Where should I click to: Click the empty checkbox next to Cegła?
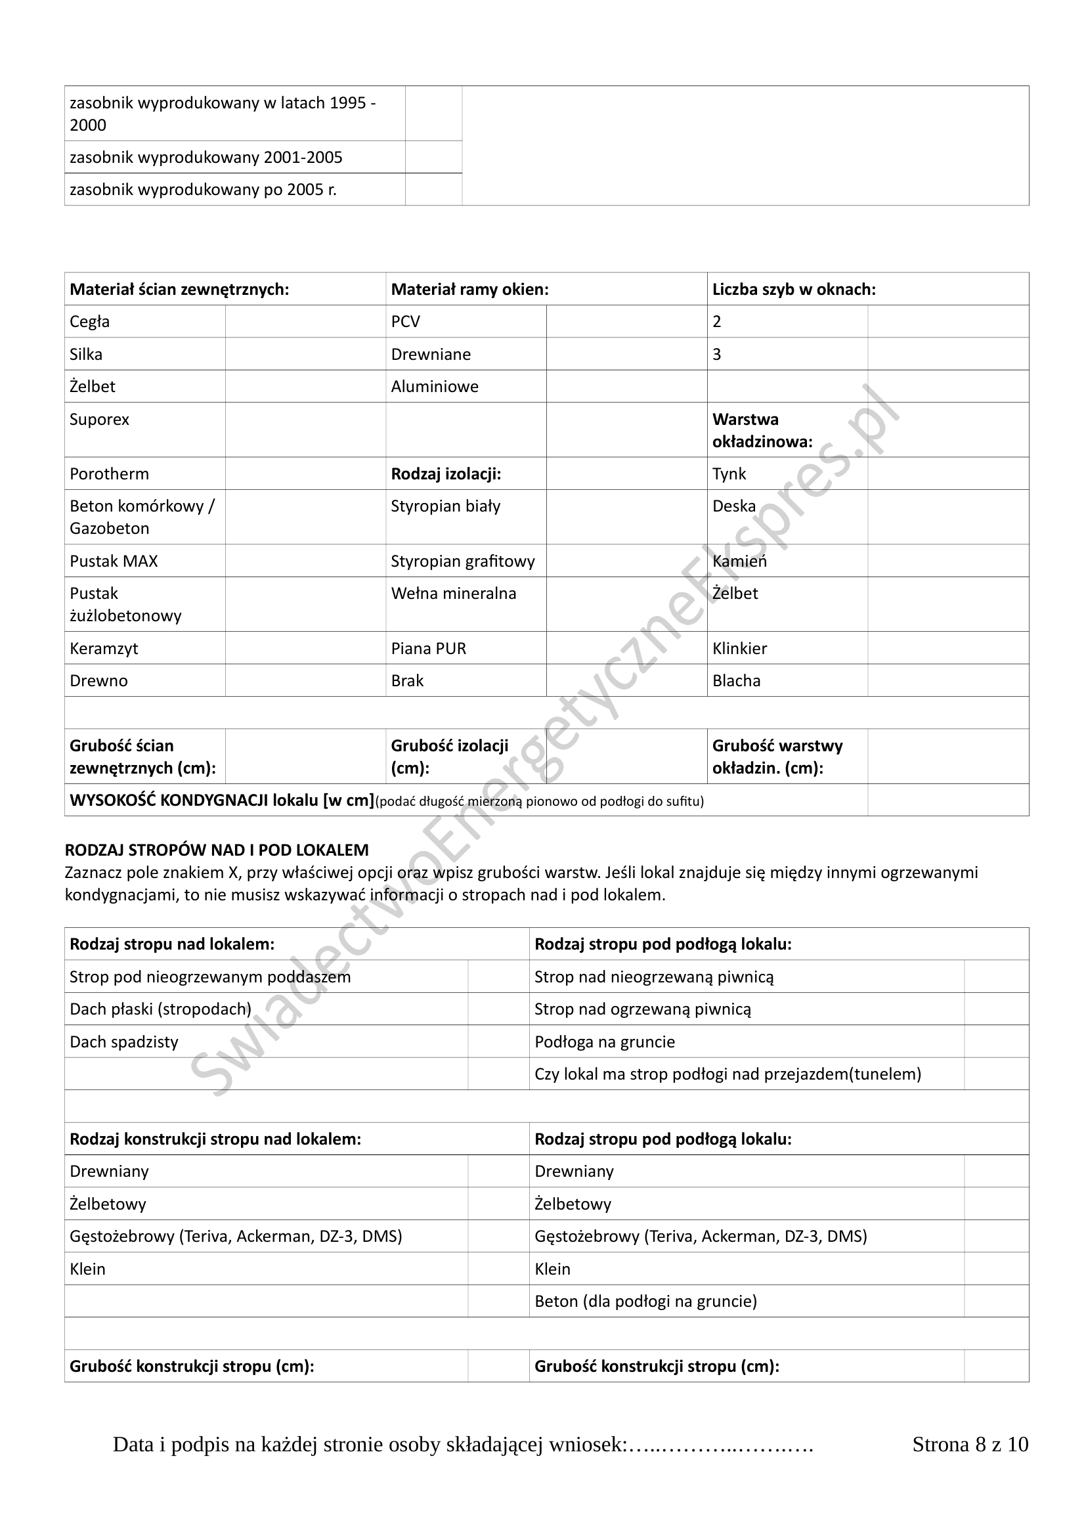[x=305, y=321]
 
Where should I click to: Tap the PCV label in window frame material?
[x=405, y=322]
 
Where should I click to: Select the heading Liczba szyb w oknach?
[x=794, y=289]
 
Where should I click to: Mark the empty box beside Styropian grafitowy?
[x=626, y=561]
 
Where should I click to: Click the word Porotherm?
[x=109, y=473]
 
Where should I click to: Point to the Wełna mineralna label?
[x=454, y=594]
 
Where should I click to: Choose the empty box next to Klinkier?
[x=947, y=648]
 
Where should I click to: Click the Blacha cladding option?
[x=736, y=680]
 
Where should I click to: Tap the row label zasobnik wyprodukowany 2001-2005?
[x=206, y=157]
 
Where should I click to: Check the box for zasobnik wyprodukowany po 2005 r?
[x=433, y=189]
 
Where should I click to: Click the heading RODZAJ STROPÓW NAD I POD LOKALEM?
[x=217, y=850]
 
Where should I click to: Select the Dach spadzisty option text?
[x=123, y=1042]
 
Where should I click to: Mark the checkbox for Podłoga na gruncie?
[x=996, y=1042]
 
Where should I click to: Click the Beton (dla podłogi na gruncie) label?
[x=645, y=1301]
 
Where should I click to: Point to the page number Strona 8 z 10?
[x=970, y=1463]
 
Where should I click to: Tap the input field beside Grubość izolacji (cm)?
[x=626, y=756]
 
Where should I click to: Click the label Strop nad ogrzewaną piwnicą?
[x=643, y=1009]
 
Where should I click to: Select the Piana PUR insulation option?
[x=429, y=648]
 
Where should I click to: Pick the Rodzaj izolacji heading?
[x=446, y=473]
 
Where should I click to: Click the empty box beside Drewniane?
[x=626, y=354]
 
